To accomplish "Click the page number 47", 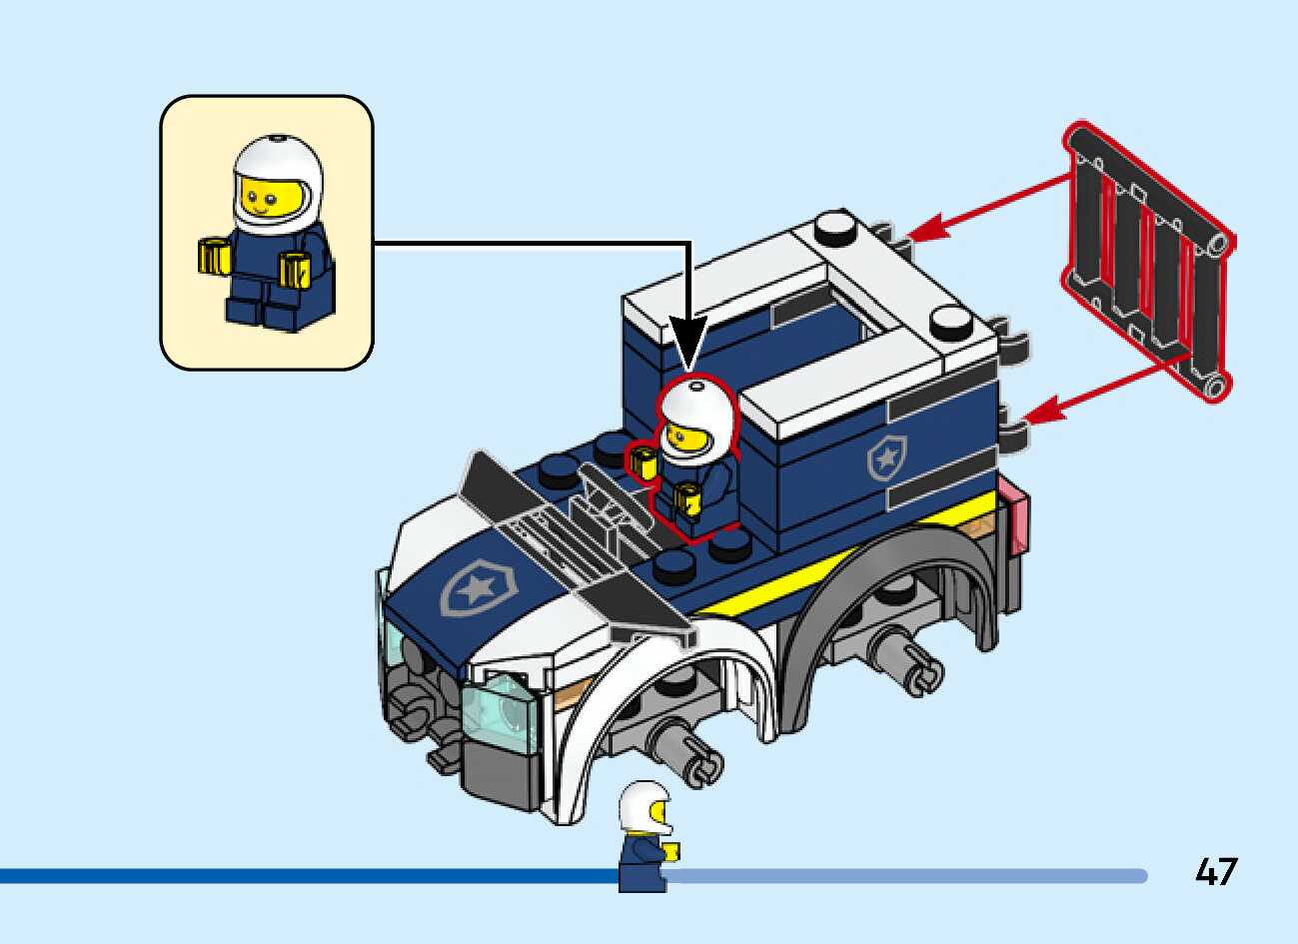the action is (1215, 872).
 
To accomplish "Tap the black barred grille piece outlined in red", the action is (1149, 262).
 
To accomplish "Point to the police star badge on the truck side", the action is (885, 458).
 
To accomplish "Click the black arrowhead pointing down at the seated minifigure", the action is (687, 340).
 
